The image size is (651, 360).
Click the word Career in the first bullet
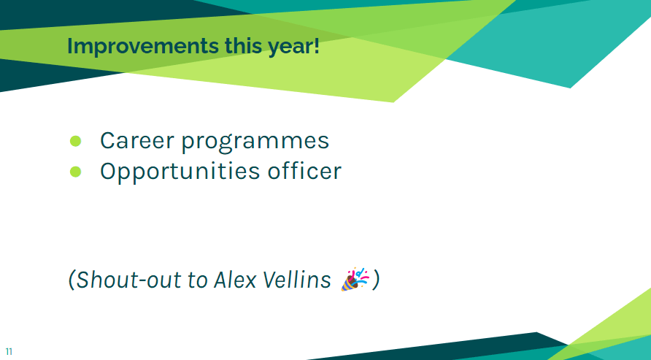[x=137, y=140]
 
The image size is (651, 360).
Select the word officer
[x=304, y=171]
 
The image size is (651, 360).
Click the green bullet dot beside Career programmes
[x=76, y=141]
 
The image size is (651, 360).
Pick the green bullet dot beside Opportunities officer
[x=76, y=172]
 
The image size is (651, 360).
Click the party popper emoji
[x=355, y=279]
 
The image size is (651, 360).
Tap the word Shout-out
[x=129, y=279]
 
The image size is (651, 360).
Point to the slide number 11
[x=9, y=352]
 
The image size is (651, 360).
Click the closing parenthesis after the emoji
[x=375, y=280]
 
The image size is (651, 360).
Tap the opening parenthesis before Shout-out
[x=72, y=280]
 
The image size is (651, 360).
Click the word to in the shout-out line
[x=197, y=280]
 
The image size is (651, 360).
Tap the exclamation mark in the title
[x=317, y=46]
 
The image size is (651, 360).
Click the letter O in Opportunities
[x=109, y=171]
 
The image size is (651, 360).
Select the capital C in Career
[x=107, y=140]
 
